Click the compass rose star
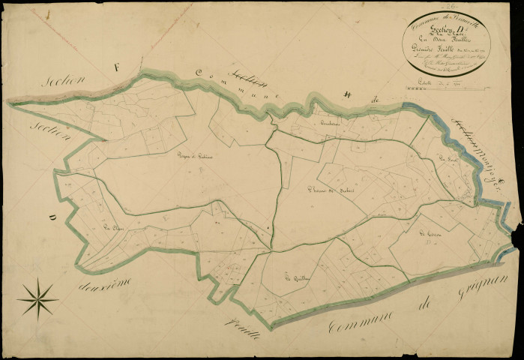37,298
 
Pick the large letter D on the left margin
52,218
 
